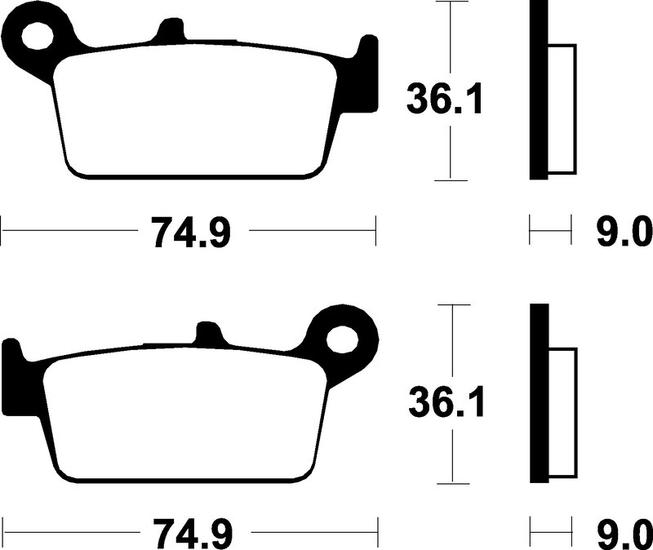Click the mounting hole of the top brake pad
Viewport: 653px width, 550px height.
click(38, 36)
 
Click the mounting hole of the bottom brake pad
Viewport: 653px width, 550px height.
click(342, 339)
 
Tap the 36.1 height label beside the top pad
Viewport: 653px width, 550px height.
click(445, 99)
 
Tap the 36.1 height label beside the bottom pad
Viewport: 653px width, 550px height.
click(446, 401)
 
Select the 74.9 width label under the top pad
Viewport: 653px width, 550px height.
click(191, 232)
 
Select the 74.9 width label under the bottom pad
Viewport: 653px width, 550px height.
click(193, 534)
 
